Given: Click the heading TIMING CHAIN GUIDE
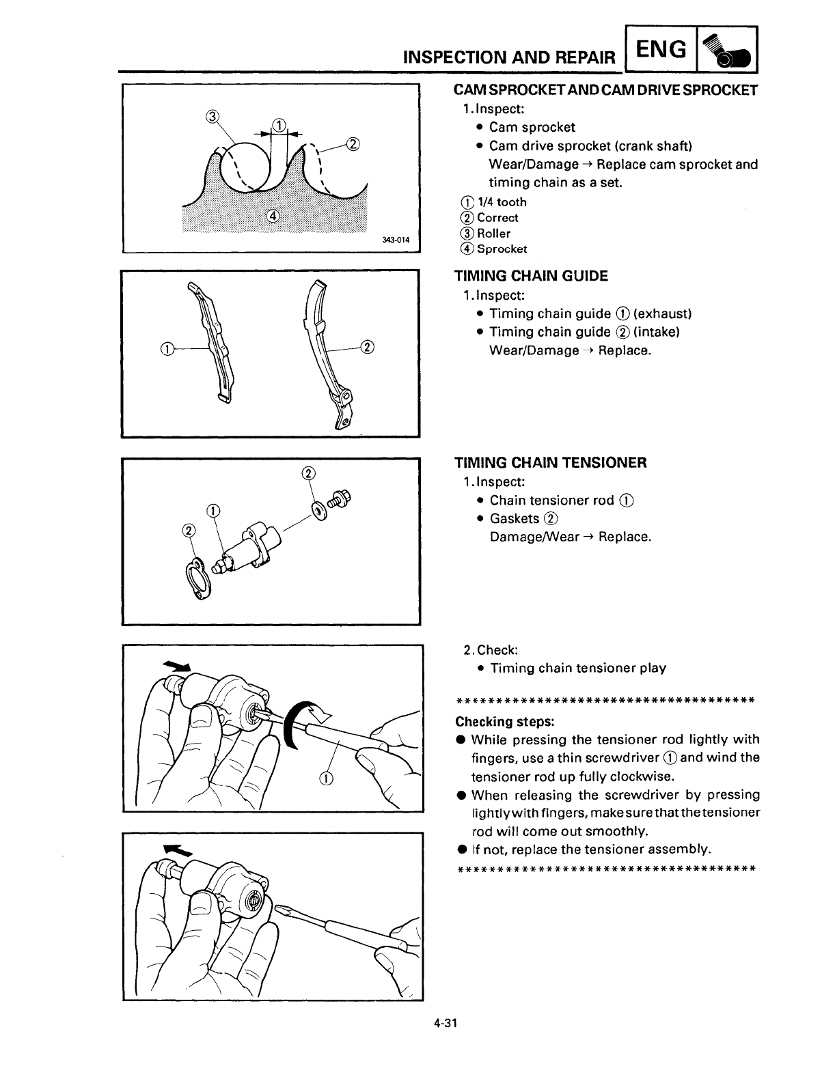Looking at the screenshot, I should (531, 276).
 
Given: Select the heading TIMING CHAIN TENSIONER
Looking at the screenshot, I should (550, 462).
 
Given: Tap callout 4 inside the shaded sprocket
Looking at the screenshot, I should (271, 216).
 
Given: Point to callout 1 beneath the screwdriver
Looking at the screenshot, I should (326, 779).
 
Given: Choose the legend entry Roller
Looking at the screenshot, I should (493, 234).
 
